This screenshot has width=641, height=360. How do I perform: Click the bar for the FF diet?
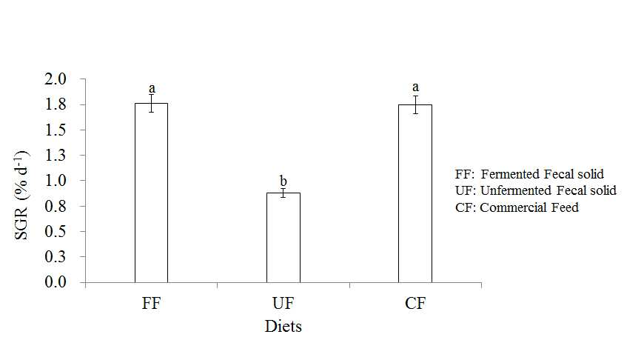[x=151, y=193]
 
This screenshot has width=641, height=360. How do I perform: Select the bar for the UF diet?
[x=283, y=238]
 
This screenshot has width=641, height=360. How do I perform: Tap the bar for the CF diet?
[x=415, y=193]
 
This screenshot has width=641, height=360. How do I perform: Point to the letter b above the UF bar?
[x=283, y=181]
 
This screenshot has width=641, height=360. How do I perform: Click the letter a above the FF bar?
[x=152, y=88]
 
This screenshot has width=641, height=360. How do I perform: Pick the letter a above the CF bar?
[x=415, y=87]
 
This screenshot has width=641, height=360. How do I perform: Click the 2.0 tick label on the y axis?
[x=56, y=79]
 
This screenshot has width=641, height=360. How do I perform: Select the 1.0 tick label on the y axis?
[x=56, y=181]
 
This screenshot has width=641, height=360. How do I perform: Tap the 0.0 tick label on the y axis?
[x=56, y=282]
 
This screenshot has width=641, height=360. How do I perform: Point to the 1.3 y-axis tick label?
[x=56, y=155]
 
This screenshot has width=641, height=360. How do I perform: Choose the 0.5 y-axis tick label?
[x=56, y=231]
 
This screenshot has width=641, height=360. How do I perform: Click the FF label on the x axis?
[x=151, y=304]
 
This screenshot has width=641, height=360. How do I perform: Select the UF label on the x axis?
[x=283, y=304]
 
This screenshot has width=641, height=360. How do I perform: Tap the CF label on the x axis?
[x=415, y=304]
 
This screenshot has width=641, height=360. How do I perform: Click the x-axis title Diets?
[x=283, y=327]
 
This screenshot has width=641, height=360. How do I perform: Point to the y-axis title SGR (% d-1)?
[x=21, y=196]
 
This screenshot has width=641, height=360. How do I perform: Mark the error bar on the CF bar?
[x=416, y=104]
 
